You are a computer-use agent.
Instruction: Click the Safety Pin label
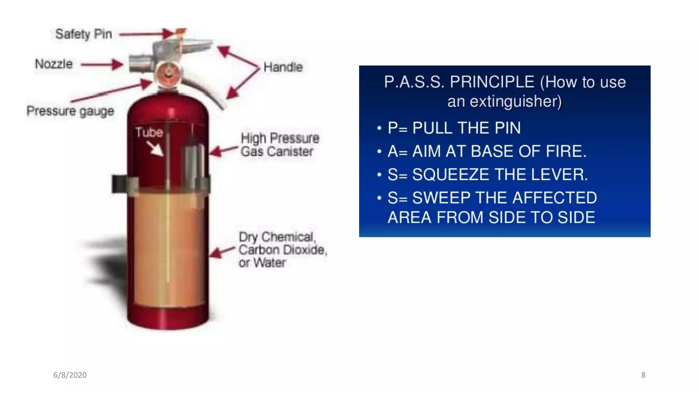click(84, 34)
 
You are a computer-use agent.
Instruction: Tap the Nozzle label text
click(54, 64)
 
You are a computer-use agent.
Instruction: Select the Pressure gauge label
click(70, 111)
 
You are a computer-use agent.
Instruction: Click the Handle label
click(283, 67)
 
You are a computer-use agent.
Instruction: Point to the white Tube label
click(149, 132)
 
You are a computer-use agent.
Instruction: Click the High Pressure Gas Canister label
click(279, 145)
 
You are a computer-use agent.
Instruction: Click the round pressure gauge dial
click(169, 73)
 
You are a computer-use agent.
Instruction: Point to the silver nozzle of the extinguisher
click(141, 63)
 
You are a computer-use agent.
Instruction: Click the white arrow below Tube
click(155, 149)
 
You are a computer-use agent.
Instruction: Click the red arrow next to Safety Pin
click(146, 34)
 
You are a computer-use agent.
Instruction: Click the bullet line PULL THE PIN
click(454, 128)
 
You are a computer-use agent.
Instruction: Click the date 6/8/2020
click(70, 375)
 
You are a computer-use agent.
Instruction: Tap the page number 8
click(643, 375)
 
